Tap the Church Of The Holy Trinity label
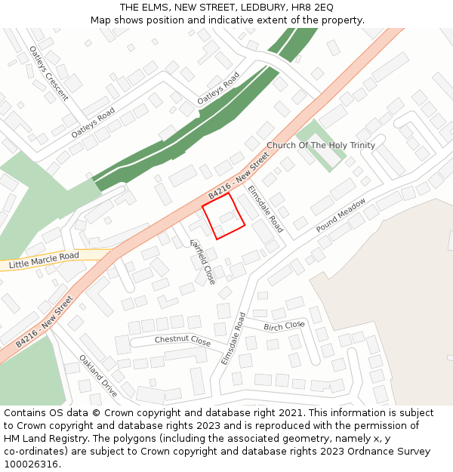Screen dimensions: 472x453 [x=320, y=145]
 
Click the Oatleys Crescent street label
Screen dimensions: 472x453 [x=48, y=73]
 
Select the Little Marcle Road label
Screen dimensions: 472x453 [x=44, y=261]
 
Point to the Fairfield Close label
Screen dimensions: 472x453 [x=202, y=261]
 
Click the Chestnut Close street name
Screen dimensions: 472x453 [x=183, y=341]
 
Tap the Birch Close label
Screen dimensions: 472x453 [x=284, y=325]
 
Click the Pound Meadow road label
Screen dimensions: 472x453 [x=341, y=214]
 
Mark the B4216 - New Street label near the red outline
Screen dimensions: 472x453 [x=239, y=178]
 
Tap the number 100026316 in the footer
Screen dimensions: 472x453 [x=32, y=464]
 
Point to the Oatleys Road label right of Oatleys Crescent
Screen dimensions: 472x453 [x=93, y=122]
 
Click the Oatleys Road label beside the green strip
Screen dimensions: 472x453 [x=218, y=88]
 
